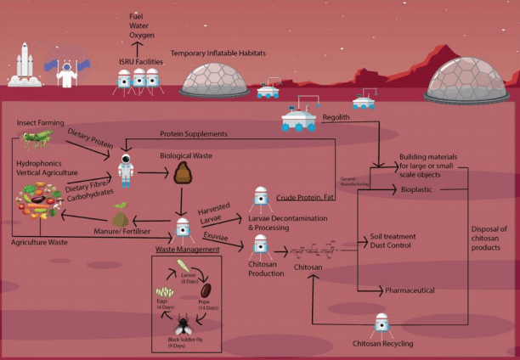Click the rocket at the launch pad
pyautogui.click(x=24, y=65)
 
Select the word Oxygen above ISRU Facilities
pyautogui.click(x=138, y=37)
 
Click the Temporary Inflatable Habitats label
pyautogui.click(x=218, y=53)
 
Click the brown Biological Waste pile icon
pyautogui.click(x=180, y=174)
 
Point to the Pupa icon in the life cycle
pyautogui.click(x=206, y=290)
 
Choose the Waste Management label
pyautogui.click(x=186, y=250)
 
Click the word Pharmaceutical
pyautogui.click(x=410, y=290)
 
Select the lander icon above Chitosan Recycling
pyautogui.click(x=383, y=323)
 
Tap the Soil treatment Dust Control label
pyautogui.click(x=393, y=240)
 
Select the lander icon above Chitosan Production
pyautogui.click(x=262, y=245)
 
